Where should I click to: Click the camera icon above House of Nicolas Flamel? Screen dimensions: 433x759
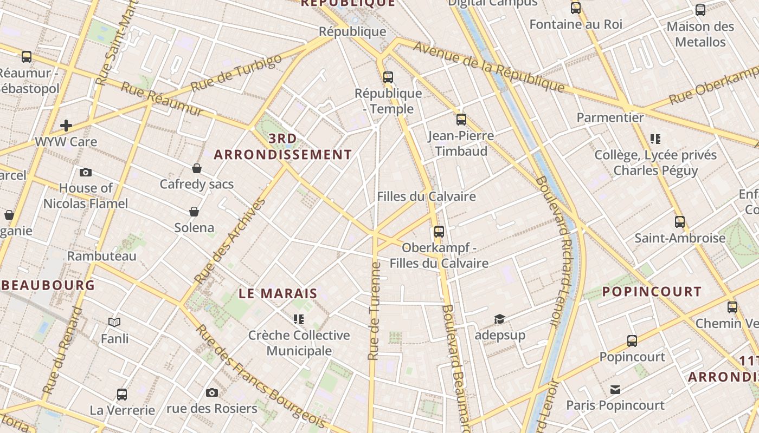pyautogui.click(x=86, y=173)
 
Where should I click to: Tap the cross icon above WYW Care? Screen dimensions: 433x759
pyautogui.click(x=66, y=126)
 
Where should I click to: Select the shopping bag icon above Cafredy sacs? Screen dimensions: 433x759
pyautogui.click(x=197, y=168)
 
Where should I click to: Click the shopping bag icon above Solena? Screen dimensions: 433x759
pyautogui.click(x=194, y=212)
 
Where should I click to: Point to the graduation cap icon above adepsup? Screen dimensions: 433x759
pyautogui.click(x=499, y=319)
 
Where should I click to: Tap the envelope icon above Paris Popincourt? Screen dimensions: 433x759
pyautogui.click(x=615, y=390)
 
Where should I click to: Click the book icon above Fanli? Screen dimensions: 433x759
pyautogui.click(x=114, y=323)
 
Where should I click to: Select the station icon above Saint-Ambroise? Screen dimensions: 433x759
pyautogui.click(x=680, y=222)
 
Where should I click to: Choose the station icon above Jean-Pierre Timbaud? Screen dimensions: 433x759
pyautogui.click(x=461, y=120)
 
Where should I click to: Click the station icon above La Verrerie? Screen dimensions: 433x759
pyautogui.click(x=122, y=395)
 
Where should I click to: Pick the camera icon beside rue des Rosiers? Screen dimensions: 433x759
pyautogui.click(x=212, y=392)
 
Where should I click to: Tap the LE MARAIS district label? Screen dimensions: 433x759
pyautogui.click(x=278, y=294)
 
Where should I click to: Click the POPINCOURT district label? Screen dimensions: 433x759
pyautogui.click(x=652, y=292)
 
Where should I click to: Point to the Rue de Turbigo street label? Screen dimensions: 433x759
pyautogui.click(x=236, y=73)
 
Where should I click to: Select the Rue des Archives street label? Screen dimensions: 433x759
pyautogui.click(x=230, y=241)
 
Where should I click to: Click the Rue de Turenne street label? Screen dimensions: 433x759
pyautogui.click(x=374, y=311)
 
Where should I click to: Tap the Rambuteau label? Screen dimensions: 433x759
pyautogui.click(x=101, y=256)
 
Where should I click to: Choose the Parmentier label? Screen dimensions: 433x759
pyautogui.click(x=610, y=117)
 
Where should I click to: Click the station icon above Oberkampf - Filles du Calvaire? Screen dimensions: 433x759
pyautogui.click(x=439, y=232)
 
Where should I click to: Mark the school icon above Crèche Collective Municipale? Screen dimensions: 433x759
pyautogui.click(x=299, y=319)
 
